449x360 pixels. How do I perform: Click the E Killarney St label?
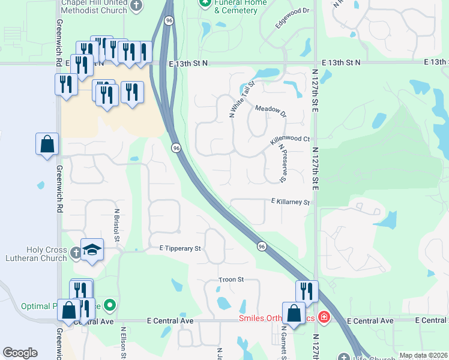290,202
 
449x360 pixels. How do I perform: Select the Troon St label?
231,280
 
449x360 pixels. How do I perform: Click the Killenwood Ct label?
289,139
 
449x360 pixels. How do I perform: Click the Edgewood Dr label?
292,19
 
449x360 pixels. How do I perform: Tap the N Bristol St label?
118,224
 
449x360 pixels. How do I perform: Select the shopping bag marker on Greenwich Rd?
47,144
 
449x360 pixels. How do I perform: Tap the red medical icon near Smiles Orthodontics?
324,316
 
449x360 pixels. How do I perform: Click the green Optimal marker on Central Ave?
109,305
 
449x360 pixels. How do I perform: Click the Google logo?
20,353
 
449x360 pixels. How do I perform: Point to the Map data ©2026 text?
423,355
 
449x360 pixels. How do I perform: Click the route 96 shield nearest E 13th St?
169,20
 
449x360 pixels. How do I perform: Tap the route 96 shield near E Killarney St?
262,246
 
